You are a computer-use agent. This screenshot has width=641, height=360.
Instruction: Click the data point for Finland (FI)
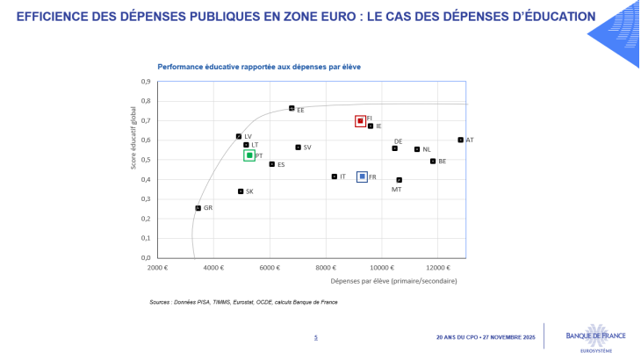(360, 121)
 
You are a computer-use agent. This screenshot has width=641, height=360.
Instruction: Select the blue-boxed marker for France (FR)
(362, 177)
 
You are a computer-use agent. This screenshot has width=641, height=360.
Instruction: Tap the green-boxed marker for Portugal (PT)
(249, 155)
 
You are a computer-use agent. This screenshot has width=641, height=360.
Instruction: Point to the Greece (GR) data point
(198, 208)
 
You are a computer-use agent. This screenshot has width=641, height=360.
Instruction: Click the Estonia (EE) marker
(292, 108)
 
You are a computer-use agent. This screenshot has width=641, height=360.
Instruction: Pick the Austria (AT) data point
(460, 140)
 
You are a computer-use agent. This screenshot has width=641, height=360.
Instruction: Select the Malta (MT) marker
(399, 180)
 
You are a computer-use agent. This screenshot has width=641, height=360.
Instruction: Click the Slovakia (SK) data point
(241, 191)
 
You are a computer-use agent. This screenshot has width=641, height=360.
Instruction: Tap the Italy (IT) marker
(334, 176)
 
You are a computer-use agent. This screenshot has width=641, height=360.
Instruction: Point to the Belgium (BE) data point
(433, 161)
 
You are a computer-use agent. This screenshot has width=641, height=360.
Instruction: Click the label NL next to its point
(427, 150)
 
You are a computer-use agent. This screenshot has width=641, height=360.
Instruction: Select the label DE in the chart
(398, 141)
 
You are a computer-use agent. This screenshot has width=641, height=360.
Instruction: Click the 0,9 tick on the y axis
(146, 83)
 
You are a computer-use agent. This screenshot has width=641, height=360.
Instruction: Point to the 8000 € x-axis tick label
(327, 267)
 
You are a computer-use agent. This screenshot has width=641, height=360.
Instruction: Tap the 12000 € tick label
(438, 267)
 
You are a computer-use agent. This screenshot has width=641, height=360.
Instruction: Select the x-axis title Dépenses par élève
(393, 281)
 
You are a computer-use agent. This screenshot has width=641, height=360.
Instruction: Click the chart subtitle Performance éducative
(259, 67)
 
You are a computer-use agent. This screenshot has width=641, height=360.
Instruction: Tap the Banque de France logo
(588, 336)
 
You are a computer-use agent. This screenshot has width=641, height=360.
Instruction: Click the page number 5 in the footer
(316, 337)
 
